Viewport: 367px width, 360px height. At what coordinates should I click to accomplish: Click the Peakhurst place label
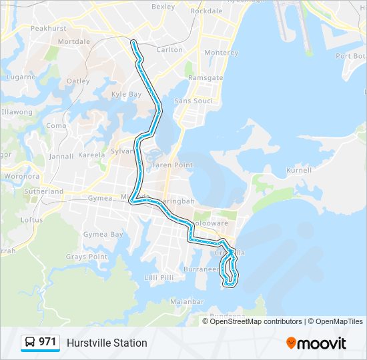48,30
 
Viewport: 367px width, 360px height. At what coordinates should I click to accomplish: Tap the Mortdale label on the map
74,41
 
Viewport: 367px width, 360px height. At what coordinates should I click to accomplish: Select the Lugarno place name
22,77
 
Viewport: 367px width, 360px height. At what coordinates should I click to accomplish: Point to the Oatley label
78,81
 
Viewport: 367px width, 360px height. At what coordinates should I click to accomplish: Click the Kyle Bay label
126,95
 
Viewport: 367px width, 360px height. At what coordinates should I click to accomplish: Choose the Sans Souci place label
193,101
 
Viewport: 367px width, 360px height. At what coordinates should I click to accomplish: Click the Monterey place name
221,53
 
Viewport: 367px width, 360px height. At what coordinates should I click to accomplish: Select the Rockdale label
206,11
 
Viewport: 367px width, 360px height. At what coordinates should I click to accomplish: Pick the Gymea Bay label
106,235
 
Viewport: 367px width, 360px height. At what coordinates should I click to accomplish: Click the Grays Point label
86,257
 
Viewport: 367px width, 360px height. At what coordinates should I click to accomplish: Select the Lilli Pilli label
160,277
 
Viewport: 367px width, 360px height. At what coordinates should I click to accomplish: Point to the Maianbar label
187,301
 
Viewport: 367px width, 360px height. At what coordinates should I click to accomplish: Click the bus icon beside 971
30,342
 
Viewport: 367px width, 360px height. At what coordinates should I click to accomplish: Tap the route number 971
47,342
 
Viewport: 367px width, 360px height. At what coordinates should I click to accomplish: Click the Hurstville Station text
107,343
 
